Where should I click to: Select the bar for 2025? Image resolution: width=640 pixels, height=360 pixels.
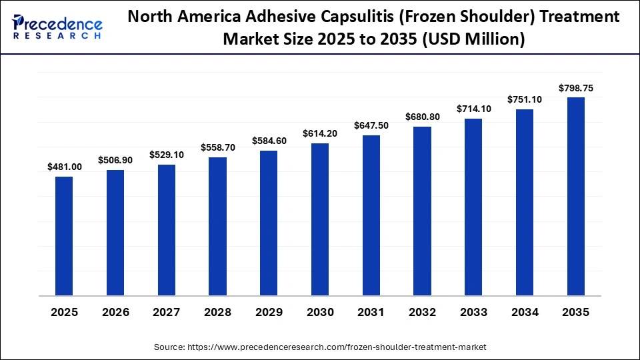[64, 236]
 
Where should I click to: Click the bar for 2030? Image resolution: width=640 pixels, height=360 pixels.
[320, 219]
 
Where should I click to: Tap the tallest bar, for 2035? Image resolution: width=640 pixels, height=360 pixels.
[576, 197]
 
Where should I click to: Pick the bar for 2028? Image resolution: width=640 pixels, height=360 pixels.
[217, 227]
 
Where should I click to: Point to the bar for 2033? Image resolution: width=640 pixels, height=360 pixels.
[473, 207]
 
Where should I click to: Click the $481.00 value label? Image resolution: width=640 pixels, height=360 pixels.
[65, 167]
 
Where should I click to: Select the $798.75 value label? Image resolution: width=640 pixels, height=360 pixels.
[576, 88]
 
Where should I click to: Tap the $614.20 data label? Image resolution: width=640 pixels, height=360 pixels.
[320, 133]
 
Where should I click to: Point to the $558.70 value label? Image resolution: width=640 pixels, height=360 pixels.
[218, 147]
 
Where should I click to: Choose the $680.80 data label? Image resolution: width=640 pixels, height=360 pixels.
[423, 117]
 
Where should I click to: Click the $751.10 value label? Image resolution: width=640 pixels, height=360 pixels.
[525, 99]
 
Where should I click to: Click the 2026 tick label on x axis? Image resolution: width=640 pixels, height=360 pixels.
[115, 312]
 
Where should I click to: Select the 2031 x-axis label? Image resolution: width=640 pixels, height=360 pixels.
[371, 312]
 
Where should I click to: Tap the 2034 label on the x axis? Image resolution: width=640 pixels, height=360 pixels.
[525, 312]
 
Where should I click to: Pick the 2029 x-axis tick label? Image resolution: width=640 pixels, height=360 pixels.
[269, 312]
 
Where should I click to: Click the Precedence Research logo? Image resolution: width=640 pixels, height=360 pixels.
[57, 26]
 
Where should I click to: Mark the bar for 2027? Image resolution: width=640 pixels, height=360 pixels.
[167, 230]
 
